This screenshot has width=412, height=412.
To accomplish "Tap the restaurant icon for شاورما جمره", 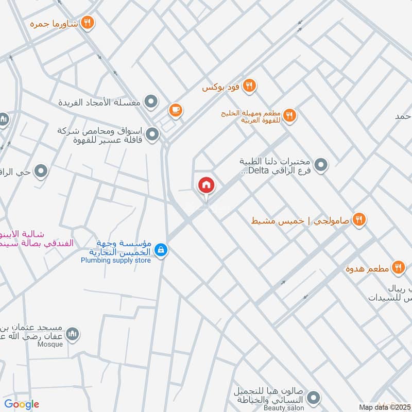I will point(88,22).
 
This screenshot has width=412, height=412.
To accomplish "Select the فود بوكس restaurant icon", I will point(250,85).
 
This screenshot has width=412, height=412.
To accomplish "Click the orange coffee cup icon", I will point(176,110).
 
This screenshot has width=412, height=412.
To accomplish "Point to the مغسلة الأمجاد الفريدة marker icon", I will point(151,102).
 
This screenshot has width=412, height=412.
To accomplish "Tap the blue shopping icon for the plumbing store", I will point(161,250).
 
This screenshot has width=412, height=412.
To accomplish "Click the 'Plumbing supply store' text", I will point(116,261).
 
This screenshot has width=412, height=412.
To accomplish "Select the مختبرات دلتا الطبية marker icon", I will point(321,165).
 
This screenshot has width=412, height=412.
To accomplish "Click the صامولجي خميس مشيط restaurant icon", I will point(359,219).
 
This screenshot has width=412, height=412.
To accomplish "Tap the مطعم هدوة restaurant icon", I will point(398,267).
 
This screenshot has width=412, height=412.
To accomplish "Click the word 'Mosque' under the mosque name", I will point(50,344).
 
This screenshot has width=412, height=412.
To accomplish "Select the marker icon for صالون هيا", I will point(313,398).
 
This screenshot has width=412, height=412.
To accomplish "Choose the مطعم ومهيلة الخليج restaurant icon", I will point(289,116).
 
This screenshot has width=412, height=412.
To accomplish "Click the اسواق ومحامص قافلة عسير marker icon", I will point(152,135).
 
